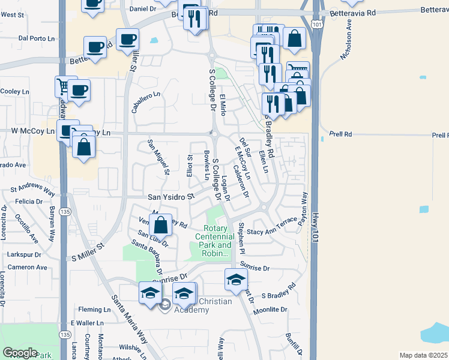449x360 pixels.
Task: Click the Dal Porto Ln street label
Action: (x=32, y=38)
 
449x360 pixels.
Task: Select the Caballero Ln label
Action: (x=146, y=102)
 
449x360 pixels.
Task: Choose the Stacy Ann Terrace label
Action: (x=272, y=231)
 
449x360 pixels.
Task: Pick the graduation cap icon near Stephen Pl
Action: (x=237, y=279)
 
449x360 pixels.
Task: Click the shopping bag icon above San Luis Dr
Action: (x=161, y=226)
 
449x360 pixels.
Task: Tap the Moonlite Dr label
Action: (x=270, y=310)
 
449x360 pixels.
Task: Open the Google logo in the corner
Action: (x=20, y=353)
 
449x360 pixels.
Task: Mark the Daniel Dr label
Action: (x=143, y=9)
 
